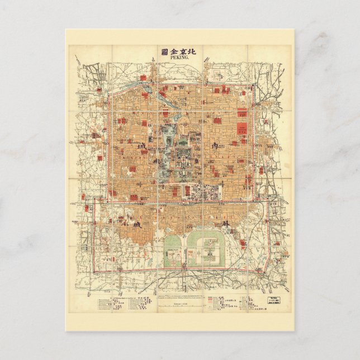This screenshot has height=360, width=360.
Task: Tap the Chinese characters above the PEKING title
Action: pyautogui.click(x=180, y=50)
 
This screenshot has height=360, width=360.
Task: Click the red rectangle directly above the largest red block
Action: pyautogui.click(x=242, y=112)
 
